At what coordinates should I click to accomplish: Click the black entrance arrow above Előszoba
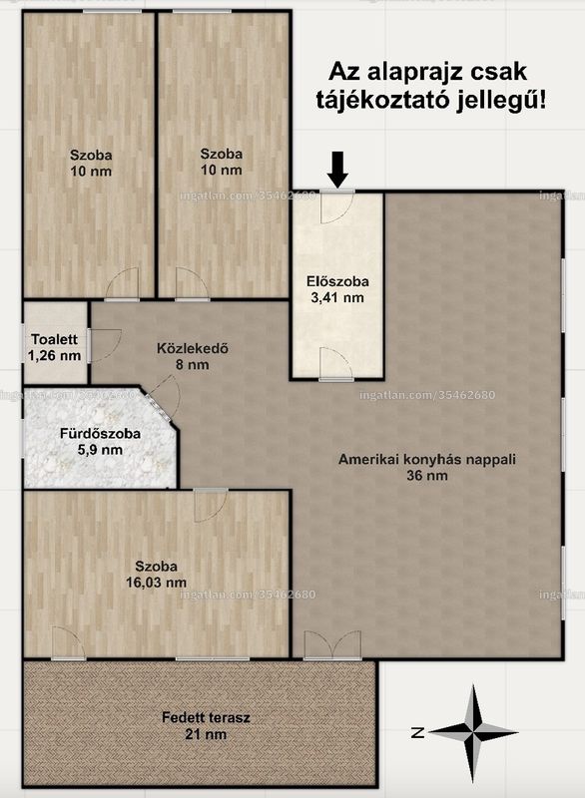337,170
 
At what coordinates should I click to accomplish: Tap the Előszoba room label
337,281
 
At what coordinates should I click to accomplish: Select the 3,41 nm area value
337,297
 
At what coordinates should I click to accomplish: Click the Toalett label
54,339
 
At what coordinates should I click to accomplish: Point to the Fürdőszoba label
100,434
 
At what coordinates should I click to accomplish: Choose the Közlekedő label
192,348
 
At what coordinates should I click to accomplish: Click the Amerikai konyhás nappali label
427,459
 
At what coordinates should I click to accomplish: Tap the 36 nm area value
427,476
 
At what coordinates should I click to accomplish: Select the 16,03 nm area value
157,583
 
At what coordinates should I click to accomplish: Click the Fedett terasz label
207,717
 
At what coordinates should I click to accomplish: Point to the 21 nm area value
207,734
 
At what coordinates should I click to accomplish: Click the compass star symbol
473,733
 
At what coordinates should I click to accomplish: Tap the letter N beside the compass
418,733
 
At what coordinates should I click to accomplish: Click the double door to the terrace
332,645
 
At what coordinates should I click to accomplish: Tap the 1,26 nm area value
55,355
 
